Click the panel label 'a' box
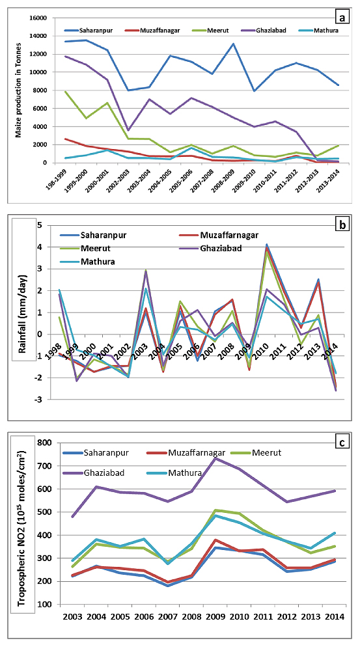click(342, 18)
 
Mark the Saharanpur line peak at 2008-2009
click(233, 44)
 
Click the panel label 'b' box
click(342, 225)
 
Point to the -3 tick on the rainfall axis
click(40, 400)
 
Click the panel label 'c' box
click(342, 443)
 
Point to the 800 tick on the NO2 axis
click(46, 443)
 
